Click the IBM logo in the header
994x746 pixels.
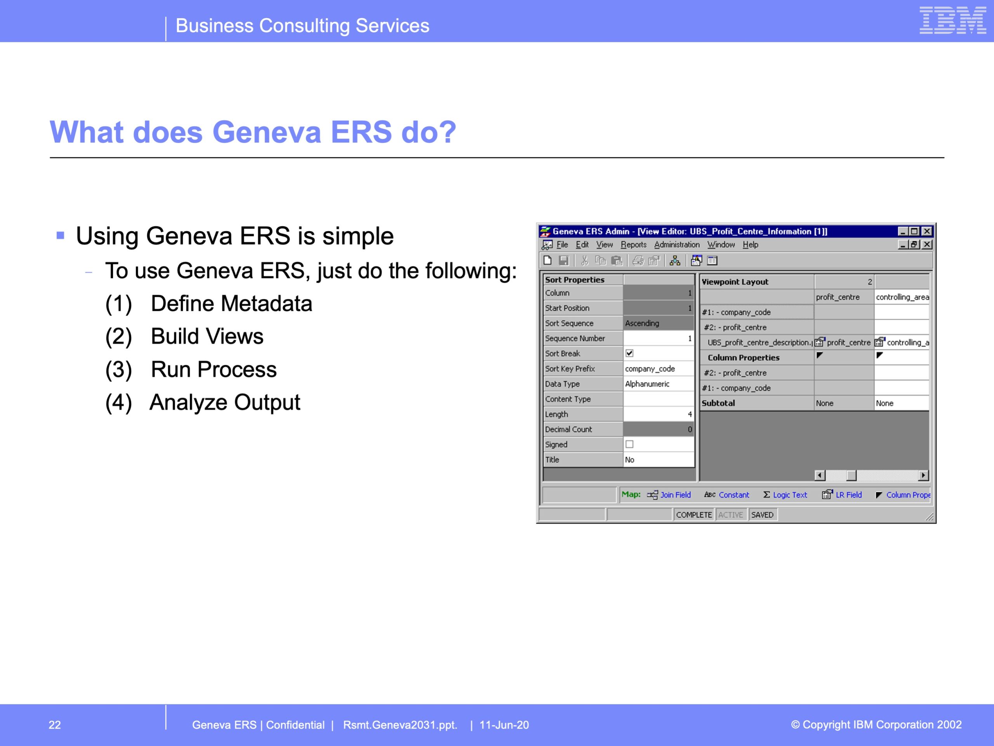click(953, 20)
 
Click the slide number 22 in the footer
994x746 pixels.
click(54, 725)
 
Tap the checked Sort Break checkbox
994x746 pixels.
click(629, 353)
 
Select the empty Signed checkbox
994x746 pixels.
click(629, 444)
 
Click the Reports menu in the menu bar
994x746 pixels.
click(633, 245)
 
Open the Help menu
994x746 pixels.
click(750, 245)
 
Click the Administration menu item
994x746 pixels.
click(677, 245)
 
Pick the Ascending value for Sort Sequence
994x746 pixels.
click(642, 323)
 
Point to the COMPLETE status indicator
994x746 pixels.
click(694, 515)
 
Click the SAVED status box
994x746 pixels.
click(762, 515)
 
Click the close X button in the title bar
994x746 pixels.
click(926, 231)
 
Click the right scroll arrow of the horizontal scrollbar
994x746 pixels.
click(923, 475)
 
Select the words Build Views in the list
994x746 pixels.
click(207, 336)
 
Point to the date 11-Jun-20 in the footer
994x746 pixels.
click(504, 725)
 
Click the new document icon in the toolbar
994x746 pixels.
click(547, 260)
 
